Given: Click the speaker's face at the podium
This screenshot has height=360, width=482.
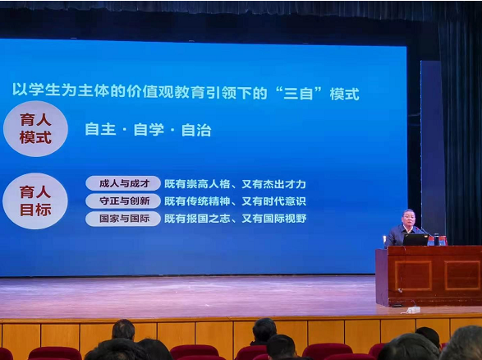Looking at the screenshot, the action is coord(409,219).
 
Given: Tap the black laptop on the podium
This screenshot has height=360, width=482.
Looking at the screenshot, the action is coord(415,239).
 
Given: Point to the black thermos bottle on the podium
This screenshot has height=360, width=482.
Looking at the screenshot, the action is coord(437,239).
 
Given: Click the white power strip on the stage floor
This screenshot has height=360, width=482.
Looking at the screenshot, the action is coord(413,310).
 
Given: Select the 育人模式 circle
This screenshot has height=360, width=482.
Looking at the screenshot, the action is coord(35,128).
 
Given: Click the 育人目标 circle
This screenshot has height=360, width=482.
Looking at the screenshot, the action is coord(35,201).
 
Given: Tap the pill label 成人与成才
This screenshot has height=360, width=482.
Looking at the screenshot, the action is coord(123,183).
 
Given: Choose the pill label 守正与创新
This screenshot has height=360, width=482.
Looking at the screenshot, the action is coord(123,201).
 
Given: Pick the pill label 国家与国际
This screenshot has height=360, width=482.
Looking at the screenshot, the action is coord(123,219).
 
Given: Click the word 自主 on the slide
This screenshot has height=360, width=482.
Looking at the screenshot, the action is coord(100,129).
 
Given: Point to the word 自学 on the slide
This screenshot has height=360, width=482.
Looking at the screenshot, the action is coord(149,130).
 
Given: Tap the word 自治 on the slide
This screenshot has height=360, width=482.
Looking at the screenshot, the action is coord(196,130).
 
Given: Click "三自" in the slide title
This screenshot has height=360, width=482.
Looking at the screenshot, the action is coord(298,94).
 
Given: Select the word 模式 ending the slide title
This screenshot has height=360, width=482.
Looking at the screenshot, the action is coord(344,94).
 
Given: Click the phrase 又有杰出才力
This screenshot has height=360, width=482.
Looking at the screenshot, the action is coord(273,184).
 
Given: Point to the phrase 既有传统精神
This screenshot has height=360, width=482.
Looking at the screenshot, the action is coord(197,201).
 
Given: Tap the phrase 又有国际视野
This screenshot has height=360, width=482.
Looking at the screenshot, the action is coord(274,219).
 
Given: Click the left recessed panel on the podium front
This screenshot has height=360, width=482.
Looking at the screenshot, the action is coord(414,275).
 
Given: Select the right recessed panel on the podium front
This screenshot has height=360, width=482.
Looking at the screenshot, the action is coord(462,275).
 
